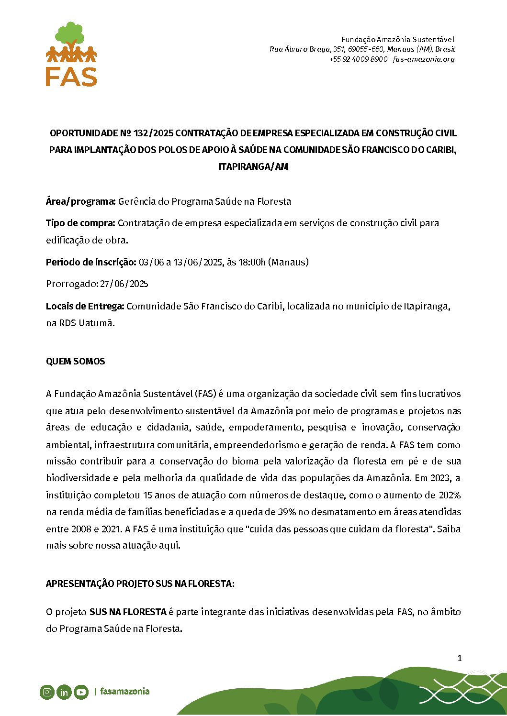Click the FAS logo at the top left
pos(71,54)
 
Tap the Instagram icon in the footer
pos(47,692)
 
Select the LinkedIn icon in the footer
pos(64,692)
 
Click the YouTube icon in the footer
pos(81,692)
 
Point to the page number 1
pos(460,658)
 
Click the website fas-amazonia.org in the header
pos(423,59)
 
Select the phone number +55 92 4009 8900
pos(358,59)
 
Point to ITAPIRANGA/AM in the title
pos(253,167)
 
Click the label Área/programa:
pos(80,201)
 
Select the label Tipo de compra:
pos(80,223)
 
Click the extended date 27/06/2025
pos(124,284)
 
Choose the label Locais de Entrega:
pos(85,306)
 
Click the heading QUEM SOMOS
pos(76,362)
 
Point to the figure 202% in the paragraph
pos(449,495)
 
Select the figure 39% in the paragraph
pos(287,512)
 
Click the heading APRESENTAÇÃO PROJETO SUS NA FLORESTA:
pos(140,584)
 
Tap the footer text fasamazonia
pos(124,692)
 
